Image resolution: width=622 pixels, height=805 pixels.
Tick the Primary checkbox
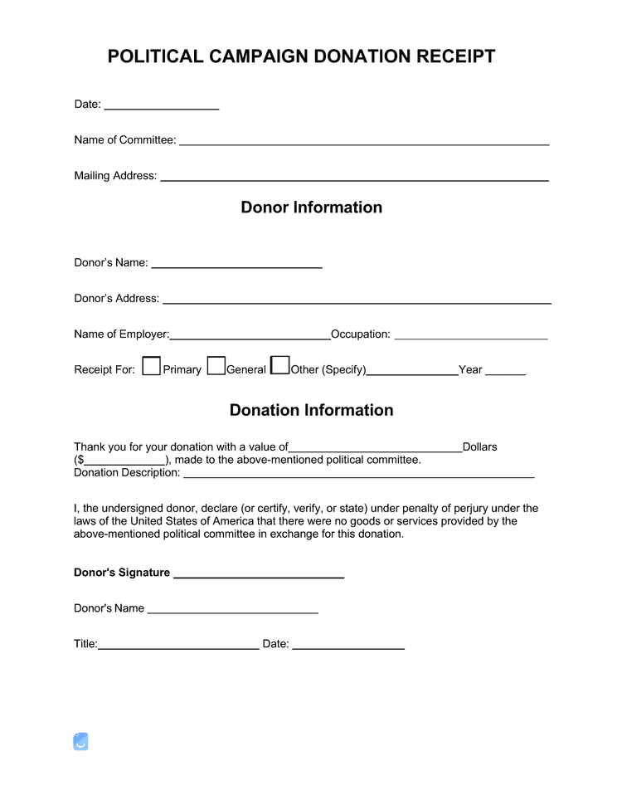[x=151, y=366]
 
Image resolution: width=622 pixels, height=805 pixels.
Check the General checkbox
[x=216, y=366]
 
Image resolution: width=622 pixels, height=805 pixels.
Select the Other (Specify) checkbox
[x=280, y=365]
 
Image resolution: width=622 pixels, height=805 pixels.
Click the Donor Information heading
[x=312, y=207]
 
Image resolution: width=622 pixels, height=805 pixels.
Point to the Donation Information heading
[x=312, y=410]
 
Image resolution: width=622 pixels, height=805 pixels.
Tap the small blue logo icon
[x=80, y=742]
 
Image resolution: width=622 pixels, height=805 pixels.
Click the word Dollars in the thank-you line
[x=479, y=446]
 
